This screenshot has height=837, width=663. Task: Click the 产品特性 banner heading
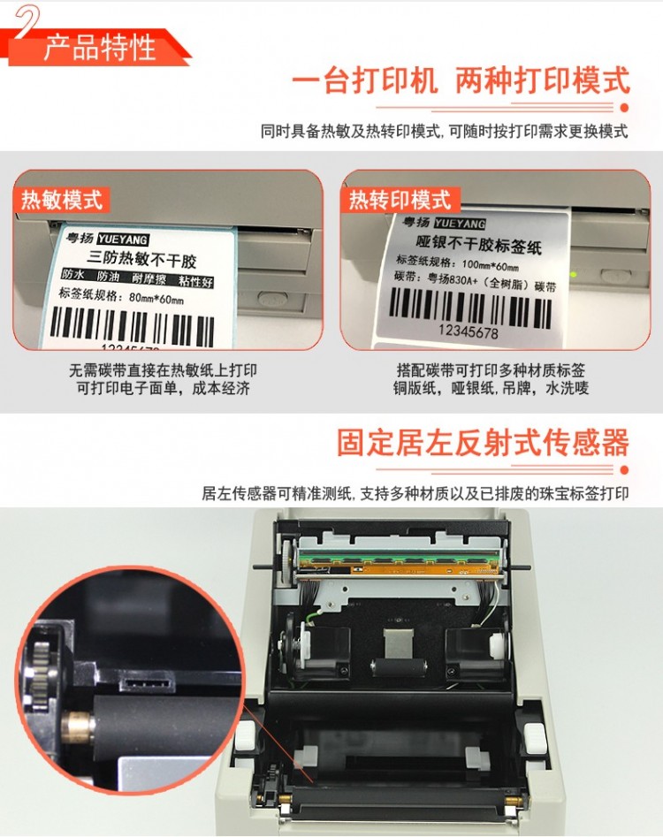click(x=99, y=48)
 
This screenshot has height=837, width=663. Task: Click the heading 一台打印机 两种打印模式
click(x=461, y=81)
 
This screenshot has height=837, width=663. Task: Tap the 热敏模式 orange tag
click(x=61, y=200)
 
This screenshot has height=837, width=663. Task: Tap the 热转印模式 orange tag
click(x=400, y=200)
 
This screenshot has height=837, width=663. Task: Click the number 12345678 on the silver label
click(x=469, y=331)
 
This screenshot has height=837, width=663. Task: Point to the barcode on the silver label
click(x=470, y=308)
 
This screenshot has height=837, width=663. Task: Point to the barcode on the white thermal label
click(x=132, y=325)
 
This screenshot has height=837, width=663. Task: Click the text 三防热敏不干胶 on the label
click(x=141, y=259)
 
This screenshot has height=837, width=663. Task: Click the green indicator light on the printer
click(x=574, y=274)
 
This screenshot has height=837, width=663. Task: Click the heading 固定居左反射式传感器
click(x=483, y=443)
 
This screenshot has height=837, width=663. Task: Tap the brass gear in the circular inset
click(x=77, y=726)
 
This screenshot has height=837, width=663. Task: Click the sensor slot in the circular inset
click(x=148, y=682)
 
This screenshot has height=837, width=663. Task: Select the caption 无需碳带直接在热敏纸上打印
click(x=163, y=370)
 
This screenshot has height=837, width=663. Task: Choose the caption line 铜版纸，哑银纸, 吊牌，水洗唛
click(x=491, y=388)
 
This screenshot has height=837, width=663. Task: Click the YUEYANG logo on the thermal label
click(x=123, y=240)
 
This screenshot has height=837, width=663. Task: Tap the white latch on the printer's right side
click(x=533, y=738)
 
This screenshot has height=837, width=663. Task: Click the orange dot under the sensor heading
click(x=624, y=469)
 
